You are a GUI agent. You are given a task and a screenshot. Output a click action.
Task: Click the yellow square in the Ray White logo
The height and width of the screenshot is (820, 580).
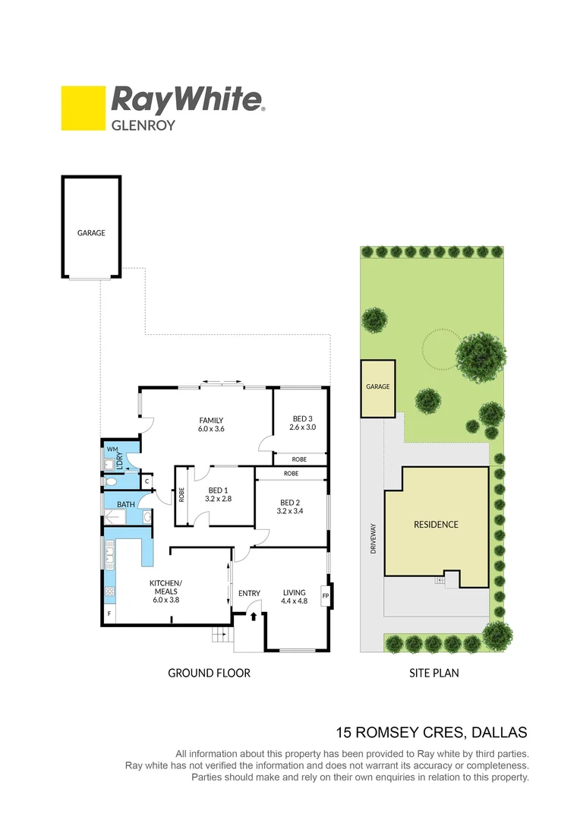tap(83, 108)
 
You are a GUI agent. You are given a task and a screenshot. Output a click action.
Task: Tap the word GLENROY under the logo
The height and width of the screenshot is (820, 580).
tap(143, 125)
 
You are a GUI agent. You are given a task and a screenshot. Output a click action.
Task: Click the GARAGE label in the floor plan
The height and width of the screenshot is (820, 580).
tap(91, 233)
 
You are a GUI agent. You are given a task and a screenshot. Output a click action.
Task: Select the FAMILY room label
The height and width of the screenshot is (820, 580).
tap(211, 420)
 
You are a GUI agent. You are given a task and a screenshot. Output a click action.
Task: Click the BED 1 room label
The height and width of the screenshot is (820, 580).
tap(217, 490)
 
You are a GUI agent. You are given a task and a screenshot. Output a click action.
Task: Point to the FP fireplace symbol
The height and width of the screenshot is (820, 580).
tap(326, 596)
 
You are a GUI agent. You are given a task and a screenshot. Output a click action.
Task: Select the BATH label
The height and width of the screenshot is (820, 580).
tap(125, 503)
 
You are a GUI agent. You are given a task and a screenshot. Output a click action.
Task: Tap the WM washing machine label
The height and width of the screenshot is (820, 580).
tap(111, 450)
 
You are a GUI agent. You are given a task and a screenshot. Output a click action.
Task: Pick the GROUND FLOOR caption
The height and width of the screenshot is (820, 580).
tap(209, 673)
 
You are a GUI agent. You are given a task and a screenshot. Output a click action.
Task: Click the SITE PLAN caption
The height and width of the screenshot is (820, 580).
tap(434, 673)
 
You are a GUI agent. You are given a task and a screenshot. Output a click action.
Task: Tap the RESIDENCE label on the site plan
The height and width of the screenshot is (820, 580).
tap(436, 525)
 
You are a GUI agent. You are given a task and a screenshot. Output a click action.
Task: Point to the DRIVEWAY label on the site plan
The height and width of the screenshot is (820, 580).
tap(373, 537)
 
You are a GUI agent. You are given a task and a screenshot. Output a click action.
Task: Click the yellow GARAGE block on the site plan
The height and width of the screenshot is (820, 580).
tap(377, 388)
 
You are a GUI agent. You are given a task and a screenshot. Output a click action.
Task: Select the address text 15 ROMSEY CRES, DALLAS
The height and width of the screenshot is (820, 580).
tap(431, 733)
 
